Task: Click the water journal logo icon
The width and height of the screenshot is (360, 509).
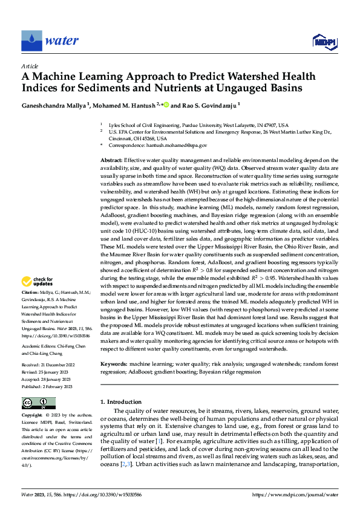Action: (x=32, y=41)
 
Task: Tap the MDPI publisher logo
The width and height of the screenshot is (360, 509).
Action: (x=324, y=42)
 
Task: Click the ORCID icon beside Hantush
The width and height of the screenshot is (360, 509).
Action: (x=165, y=105)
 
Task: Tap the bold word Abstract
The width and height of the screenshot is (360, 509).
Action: (x=113, y=159)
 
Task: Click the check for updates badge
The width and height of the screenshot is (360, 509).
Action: (x=36, y=281)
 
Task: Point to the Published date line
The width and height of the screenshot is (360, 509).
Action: (x=47, y=386)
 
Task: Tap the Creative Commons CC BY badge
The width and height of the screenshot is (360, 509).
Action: (x=38, y=403)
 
